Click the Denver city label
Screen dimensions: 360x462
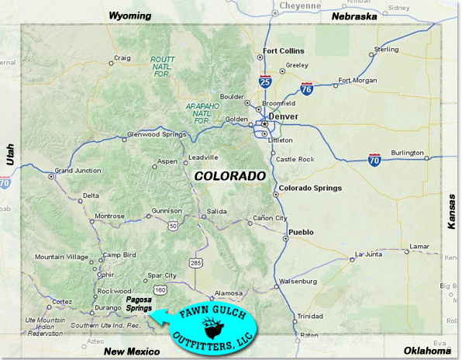point(285,116)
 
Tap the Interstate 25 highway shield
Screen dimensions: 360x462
point(266,79)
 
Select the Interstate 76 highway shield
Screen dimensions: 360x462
point(307,89)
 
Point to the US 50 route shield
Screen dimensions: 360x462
point(172,224)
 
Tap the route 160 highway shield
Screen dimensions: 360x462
point(160,289)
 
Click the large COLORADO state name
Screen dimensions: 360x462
point(230,176)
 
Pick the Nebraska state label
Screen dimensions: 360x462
point(353,16)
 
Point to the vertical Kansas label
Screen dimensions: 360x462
point(451,210)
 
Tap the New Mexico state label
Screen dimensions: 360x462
point(131,351)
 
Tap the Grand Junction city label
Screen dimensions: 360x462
point(78,170)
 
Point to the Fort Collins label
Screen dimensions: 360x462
point(281,52)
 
